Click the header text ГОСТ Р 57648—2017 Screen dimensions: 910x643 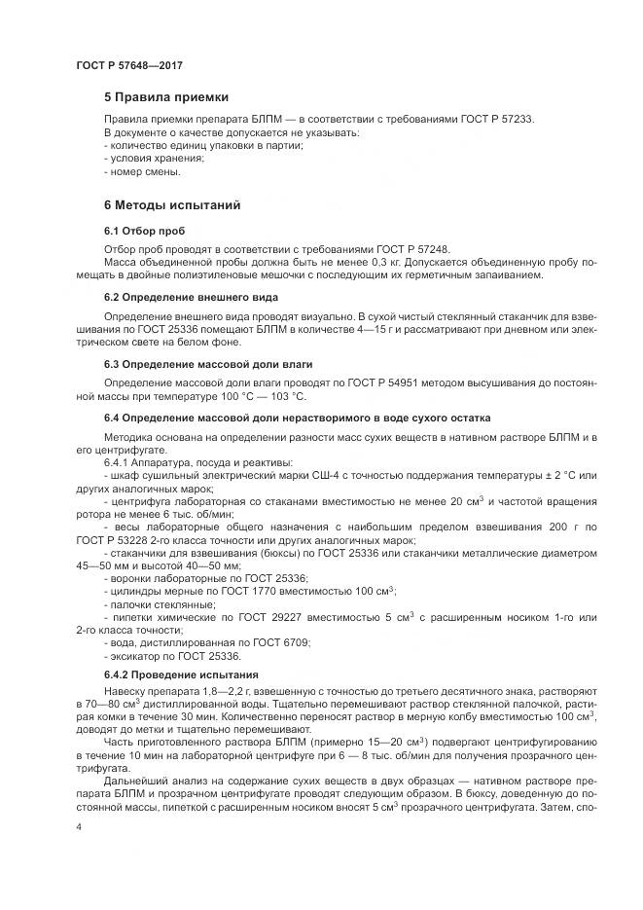tap(129, 64)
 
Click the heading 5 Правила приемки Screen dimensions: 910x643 tap(166, 97)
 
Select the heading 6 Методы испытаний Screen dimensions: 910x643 tap(171, 205)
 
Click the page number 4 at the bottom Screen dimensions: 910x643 tap(78, 825)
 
